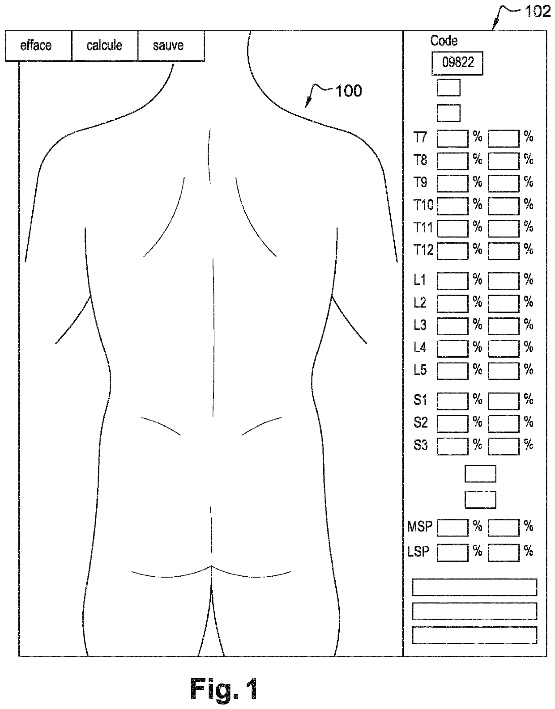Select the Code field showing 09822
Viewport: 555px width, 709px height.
pyautogui.click(x=457, y=63)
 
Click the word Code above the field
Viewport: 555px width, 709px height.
pyautogui.click(x=444, y=41)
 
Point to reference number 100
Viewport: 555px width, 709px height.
pyautogui.click(x=348, y=91)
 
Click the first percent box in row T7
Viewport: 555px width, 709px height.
pyautogui.click(x=453, y=138)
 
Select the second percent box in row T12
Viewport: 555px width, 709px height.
pyautogui.click(x=504, y=251)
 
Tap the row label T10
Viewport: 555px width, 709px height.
pyautogui.click(x=423, y=205)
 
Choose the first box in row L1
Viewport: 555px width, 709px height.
pyautogui.click(x=453, y=281)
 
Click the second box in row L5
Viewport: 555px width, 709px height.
pyautogui.click(x=504, y=371)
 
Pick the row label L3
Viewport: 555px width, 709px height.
pyautogui.click(x=420, y=325)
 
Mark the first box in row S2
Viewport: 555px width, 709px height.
pyautogui.click(x=453, y=423)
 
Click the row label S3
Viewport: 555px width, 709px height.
pyautogui.click(x=420, y=445)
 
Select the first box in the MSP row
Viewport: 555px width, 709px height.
pyautogui.click(x=453, y=528)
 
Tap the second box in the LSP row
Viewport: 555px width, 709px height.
pyautogui.click(x=504, y=553)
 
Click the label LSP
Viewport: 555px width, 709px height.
pyautogui.click(x=418, y=552)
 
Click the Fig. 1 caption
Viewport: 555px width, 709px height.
pyautogui.click(x=224, y=688)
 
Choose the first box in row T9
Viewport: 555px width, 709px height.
pyautogui.click(x=453, y=183)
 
